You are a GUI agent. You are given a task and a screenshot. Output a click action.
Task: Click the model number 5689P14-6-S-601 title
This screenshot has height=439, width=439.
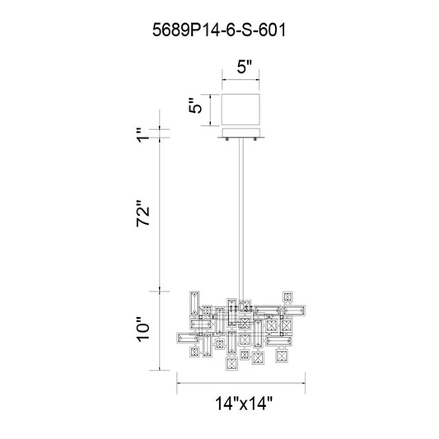point(219,30)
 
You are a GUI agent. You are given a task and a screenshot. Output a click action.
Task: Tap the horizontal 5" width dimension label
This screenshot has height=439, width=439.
point(245,67)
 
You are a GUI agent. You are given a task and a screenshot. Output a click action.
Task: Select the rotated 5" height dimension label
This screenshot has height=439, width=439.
point(195,105)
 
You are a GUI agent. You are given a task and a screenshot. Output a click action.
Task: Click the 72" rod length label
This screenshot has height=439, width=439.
point(143,213)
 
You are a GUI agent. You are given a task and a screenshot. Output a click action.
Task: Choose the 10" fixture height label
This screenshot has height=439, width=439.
point(143,329)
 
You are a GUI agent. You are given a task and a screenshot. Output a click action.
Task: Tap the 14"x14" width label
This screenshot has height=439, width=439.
point(244,404)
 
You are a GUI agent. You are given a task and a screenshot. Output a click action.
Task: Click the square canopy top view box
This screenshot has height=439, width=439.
point(241,110)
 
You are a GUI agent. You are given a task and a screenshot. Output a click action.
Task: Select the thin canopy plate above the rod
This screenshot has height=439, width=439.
point(241,133)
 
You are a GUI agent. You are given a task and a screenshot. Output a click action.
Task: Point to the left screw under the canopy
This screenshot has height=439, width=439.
point(227,139)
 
